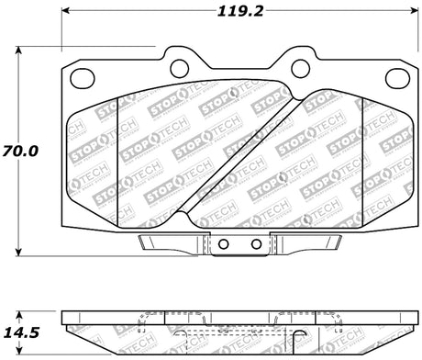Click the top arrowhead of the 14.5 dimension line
[x=21, y=313]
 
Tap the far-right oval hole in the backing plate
[x=397, y=78]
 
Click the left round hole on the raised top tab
[x=180, y=65]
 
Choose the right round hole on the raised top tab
[x=298, y=65]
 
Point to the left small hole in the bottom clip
[x=222, y=244]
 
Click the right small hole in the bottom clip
[x=256, y=244]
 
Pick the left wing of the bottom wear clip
[x=170, y=243]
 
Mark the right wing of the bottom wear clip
[x=308, y=243]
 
